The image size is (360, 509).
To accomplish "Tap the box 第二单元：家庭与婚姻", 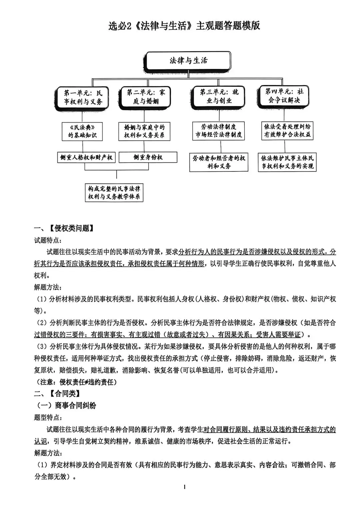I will click(146, 96).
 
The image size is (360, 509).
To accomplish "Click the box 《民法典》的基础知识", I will click(82, 131).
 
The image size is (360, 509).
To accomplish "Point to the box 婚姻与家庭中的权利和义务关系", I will click(144, 131).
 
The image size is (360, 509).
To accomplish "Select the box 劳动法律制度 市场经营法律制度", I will click(219, 131).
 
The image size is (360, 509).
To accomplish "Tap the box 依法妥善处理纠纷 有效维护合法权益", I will click(287, 130).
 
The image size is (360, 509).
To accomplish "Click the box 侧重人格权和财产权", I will click(86, 157).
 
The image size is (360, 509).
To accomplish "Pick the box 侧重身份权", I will click(148, 157).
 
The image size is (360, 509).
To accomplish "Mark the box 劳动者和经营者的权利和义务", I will click(219, 162).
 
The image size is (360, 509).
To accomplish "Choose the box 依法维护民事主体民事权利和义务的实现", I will click(287, 162).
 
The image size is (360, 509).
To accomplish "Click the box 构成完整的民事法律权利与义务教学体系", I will click(114, 193).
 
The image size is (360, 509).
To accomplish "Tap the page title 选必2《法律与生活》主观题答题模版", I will click(184, 26).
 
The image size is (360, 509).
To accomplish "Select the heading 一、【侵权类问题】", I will click(64, 228).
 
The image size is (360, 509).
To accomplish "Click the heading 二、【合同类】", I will click(57, 394).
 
